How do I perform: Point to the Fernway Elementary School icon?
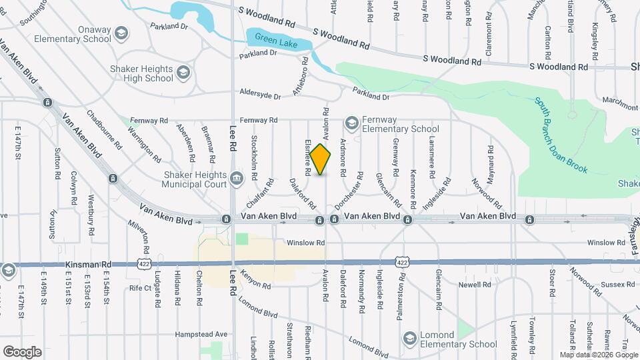[x=351, y=123]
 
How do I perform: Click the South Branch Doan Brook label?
[x=561, y=135]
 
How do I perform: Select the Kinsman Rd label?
[x=84, y=265]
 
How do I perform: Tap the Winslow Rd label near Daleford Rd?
[x=306, y=243]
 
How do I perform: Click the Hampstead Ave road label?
[x=201, y=334]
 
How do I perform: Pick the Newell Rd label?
[x=475, y=285]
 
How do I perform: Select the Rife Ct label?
[x=141, y=288]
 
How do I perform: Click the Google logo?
[x=22, y=351]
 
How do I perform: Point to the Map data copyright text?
[x=598, y=355]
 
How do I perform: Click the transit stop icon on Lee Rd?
[x=227, y=219]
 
